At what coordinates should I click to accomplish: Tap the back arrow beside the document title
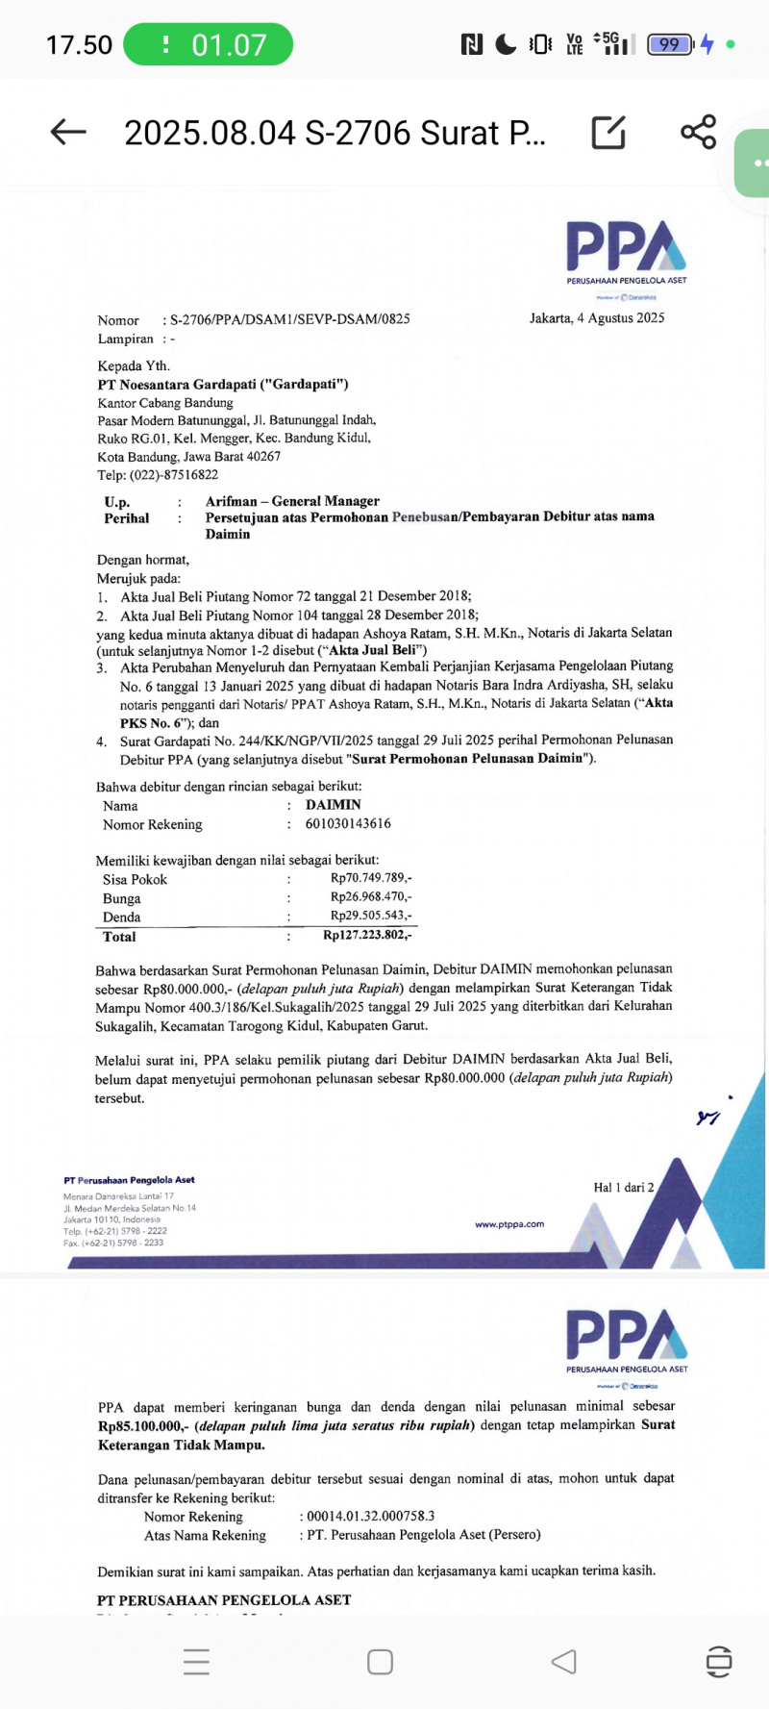click(68, 132)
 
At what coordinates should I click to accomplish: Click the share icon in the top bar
click(699, 132)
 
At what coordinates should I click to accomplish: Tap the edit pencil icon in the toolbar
click(608, 132)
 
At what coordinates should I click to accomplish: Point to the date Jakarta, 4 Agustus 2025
click(597, 318)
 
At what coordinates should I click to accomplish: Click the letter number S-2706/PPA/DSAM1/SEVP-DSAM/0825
click(289, 319)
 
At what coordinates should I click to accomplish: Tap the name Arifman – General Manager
click(292, 501)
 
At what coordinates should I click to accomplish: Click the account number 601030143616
click(348, 824)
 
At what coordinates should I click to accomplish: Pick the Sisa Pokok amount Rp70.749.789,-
click(371, 878)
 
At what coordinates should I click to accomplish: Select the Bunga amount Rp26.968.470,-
click(371, 897)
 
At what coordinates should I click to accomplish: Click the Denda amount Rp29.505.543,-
click(371, 916)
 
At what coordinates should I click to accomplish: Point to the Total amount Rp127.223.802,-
click(367, 936)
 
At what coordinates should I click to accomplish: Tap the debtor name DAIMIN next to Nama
click(334, 805)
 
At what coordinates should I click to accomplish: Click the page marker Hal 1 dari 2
click(623, 1188)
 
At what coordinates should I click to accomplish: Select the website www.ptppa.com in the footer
click(509, 1224)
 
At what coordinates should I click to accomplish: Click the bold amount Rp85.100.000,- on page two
click(140, 1426)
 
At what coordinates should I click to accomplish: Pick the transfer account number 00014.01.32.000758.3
click(371, 1517)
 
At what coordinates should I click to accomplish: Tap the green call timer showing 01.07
click(209, 44)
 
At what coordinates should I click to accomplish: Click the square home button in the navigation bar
click(380, 1662)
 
